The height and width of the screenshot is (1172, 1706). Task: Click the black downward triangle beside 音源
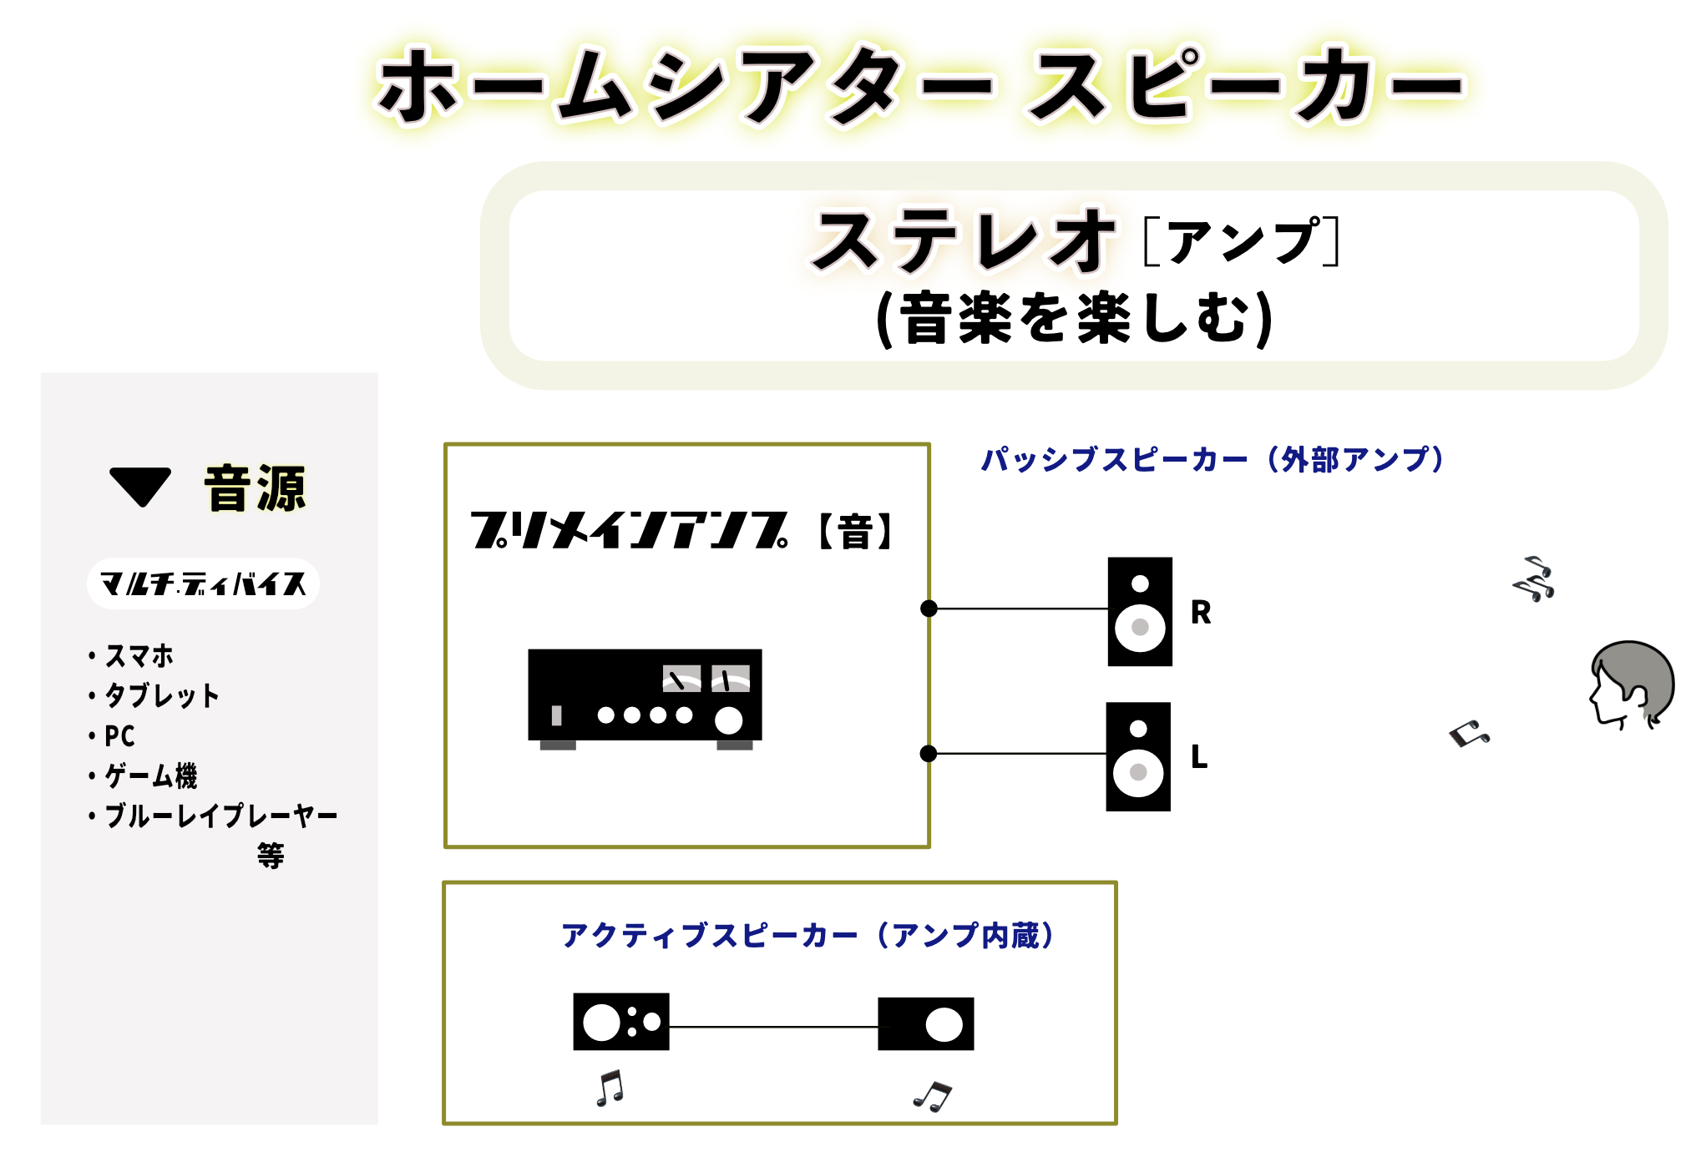coord(140,485)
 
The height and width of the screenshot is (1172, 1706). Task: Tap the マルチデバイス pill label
coord(203,583)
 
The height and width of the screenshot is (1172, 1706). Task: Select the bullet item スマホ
coord(139,656)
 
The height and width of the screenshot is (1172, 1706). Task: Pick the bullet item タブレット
coord(161,695)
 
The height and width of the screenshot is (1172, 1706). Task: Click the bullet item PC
coord(119,736)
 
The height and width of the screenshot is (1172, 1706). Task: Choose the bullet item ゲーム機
coord(150,776)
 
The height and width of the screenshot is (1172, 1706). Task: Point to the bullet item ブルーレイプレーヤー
coord(220,816)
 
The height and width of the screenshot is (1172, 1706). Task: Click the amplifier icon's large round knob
coord(728,720)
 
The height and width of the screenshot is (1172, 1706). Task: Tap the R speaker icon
coord(1139,611)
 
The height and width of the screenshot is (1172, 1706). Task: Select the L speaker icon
coord(1137,756)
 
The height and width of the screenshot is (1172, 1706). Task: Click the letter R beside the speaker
coord(1201,613)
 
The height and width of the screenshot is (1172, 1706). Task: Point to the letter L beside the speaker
coord(1199,757)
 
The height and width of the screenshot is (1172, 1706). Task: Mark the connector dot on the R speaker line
coord(929,609)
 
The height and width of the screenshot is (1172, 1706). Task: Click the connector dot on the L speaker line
coord(928,754)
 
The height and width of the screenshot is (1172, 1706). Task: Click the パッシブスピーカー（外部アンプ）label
coord(1212,460)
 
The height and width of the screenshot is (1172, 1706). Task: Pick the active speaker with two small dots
coord(620,1022)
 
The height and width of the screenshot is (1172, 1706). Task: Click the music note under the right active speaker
coord(933,1096)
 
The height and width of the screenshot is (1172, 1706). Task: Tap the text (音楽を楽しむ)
coord(1074,318)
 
